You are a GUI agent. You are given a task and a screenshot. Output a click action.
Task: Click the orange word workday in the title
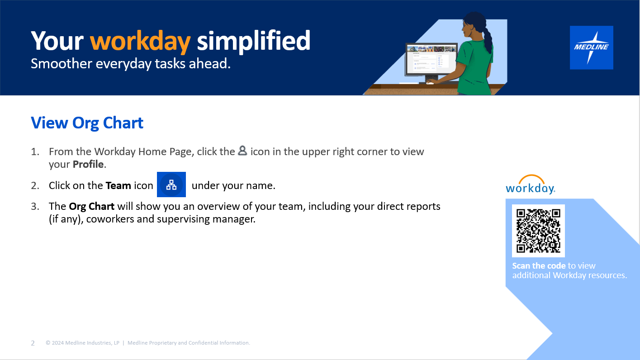tap(140, 41)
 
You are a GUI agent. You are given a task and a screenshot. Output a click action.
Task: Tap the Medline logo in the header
tap(591, 47)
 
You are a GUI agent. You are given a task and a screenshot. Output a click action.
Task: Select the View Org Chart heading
tap(87, 123)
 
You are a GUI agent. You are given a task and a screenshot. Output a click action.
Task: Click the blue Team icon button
tap(171, 185)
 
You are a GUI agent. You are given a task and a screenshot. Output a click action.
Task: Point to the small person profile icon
tap(242, 151)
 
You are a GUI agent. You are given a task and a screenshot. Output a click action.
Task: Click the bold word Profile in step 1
tap(88, 164)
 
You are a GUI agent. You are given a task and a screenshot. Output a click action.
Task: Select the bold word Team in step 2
tap(118, 185)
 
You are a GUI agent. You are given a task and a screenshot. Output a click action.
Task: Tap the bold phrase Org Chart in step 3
tap(91, 207)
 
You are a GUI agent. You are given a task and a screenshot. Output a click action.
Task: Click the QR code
tap(538, 231)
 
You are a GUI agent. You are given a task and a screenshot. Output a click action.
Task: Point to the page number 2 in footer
tap(33, 343)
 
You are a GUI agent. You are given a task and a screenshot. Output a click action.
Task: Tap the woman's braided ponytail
tap(487, 38)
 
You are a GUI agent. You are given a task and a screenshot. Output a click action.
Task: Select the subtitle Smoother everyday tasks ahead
tap(131, 64)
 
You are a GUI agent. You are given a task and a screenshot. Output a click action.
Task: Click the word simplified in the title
tap(253, 41)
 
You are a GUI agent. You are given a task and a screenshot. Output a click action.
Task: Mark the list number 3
tap(35, 207)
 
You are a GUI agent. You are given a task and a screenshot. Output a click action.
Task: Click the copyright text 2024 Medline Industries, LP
tap(83, 343)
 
